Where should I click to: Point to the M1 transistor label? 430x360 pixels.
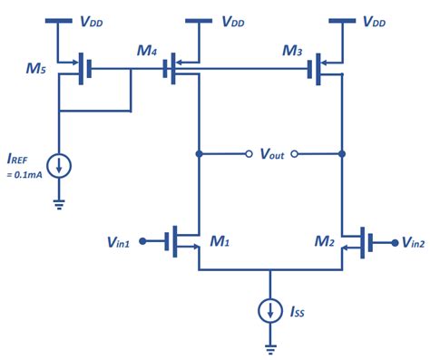tap(219, 243)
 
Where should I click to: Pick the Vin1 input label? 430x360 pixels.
tap(122, 243)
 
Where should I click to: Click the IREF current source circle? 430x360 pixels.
tap(59, 166)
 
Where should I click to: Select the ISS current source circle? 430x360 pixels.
tap(269, 310)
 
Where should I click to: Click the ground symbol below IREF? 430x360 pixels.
tap(59, 203)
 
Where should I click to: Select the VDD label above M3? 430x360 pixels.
tap(375, 21)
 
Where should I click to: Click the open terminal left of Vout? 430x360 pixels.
tap(249, 154)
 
